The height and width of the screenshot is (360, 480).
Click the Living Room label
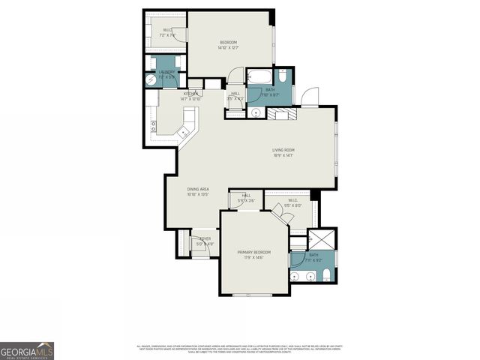(x=283, y=152)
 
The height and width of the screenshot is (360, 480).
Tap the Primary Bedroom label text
(x=253, y=254)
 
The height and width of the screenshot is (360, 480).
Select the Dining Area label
(x=197, y=192)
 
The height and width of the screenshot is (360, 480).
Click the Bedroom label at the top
(x=228, y=44)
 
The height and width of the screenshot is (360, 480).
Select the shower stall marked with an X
(x=323, y=240)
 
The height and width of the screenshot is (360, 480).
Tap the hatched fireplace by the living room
(x=283, y=113)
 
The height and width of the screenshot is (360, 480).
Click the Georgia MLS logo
(x=27, y=350)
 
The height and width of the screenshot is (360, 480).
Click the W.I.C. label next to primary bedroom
(x=292, y=202)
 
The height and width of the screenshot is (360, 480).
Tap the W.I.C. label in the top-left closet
(x=167, y=33)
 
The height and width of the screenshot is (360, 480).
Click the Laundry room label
(x=166, y=74)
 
